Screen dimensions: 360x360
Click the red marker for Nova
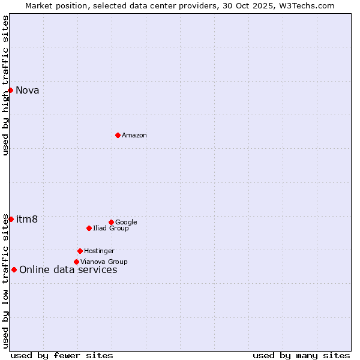[11, 90]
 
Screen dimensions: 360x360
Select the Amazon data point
[118, 135]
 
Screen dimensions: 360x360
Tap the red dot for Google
[111, 222]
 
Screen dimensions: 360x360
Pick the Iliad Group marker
[89, 228]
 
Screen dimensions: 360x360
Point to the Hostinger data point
[80, 251]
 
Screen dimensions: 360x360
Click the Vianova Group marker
[76, 262]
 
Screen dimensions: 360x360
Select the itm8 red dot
[11, 219]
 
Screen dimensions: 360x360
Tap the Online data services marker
[14, 269]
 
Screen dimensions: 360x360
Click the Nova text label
[28, 91]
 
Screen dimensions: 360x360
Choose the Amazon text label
[134, 136]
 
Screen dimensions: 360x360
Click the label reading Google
[126, 223]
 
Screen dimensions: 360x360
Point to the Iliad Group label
[111, 229]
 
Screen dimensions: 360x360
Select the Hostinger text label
[99, 251]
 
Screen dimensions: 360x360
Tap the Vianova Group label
[104, 262]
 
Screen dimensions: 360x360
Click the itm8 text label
[27, 220]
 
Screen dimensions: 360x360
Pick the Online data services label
[68, 270]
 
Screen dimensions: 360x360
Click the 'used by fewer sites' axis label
[62, 355]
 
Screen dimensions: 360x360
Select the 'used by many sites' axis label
[301, 355]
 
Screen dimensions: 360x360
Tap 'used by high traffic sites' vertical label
[5, 85]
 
